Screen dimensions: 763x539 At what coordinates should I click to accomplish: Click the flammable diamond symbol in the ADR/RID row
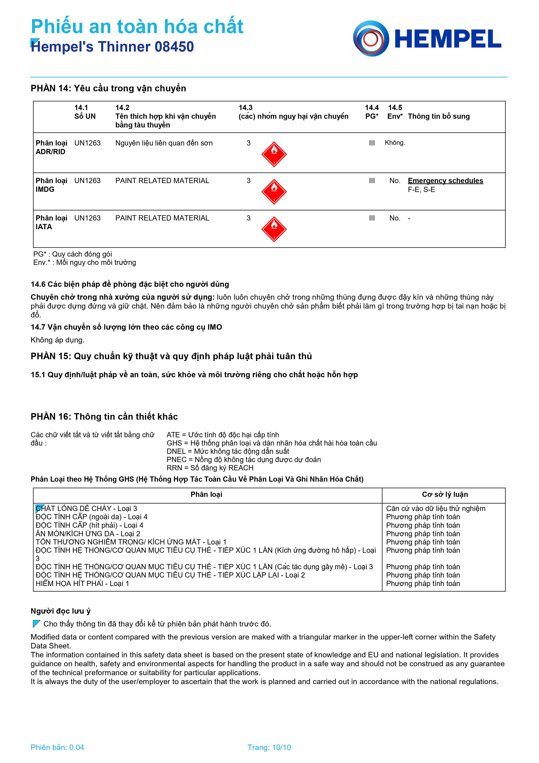pyautogui.click(x=274, y=154)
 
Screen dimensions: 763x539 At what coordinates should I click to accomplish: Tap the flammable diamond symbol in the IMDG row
pyautogui.click(x=274, y=192)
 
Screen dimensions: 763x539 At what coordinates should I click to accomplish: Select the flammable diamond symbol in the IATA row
pyautogui.click(x=274, y=229)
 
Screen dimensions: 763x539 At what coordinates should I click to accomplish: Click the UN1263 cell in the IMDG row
pyautogui.click(x=87, y=181)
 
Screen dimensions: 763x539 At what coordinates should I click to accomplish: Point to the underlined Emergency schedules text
pyautogui.click(x=445, y=181)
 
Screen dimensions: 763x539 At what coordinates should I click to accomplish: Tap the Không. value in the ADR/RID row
pyautogui.click(x=395, y=143)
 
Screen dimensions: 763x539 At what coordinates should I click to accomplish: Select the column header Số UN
pyautogui.click(x=85, y=116)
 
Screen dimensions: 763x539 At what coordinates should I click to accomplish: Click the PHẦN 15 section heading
pyautogui.click(x=171, y=356)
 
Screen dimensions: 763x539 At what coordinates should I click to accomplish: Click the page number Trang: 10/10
pyautogui.click(x=269, y=747)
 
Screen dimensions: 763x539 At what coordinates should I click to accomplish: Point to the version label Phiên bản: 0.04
pyautogui.click(x=57, y=747)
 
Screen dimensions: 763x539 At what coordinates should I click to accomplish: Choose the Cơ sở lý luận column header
pyautogui.click(x=445, y=494)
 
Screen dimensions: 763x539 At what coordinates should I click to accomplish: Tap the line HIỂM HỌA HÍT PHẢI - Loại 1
pyautogui.click(x=82, y=584)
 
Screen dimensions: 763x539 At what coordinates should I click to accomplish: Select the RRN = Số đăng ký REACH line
pyautogui.click(x=210, y=468)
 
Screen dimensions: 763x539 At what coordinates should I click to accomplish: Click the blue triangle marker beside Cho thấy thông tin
pyautogui.click(x=37, y=624)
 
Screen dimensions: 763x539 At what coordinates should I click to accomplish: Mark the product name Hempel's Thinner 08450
pyautogui.click(x=112, y=47)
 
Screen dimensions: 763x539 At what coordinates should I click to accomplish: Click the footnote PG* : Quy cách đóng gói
pyautogui.click(x=72, y=254)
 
